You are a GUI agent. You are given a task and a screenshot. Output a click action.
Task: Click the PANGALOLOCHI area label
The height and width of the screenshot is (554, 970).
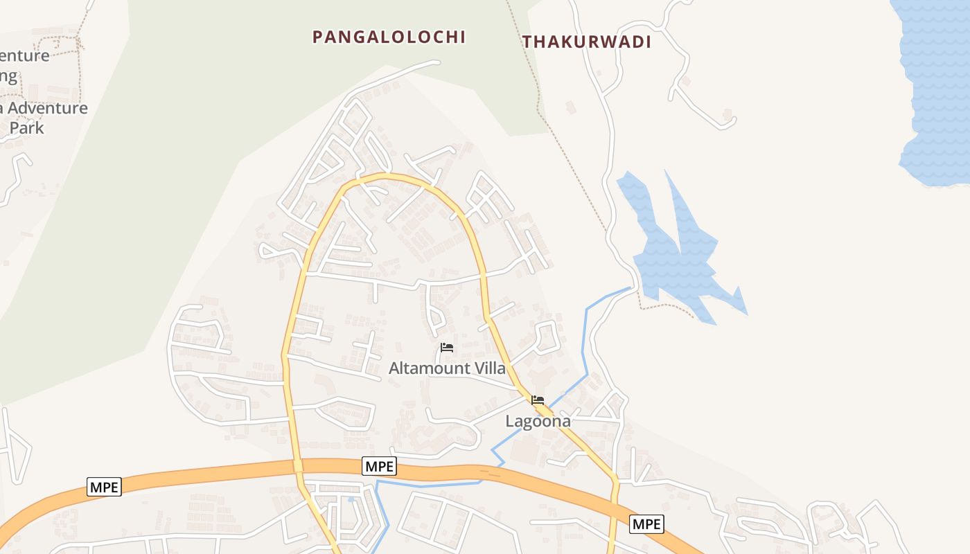[389, 37]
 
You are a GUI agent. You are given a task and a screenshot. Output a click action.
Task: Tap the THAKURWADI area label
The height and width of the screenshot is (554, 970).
[587, 42]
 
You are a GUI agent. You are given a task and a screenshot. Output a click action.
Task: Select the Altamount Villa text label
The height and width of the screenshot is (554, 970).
[447, 368]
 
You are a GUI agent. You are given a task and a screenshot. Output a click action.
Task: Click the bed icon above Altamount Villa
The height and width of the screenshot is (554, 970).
[447, 348]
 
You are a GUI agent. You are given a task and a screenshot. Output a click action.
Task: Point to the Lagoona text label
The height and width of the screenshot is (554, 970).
[538, 420]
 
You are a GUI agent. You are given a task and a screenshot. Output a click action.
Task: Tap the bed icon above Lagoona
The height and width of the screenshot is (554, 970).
[538, 400]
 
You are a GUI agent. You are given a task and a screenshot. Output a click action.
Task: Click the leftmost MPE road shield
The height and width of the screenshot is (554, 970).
[105, 487]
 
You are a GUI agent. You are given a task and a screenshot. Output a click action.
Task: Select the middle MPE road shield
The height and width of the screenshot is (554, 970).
[379, 467]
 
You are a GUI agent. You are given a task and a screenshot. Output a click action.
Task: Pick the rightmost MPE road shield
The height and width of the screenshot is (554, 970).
[646, 524]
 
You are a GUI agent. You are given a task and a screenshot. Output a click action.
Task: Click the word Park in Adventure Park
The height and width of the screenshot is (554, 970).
[26, 127]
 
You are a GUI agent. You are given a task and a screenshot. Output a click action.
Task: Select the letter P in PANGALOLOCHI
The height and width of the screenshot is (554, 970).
[317, 37]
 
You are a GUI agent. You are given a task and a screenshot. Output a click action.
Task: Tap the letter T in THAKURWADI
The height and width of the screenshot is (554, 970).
[527, 42]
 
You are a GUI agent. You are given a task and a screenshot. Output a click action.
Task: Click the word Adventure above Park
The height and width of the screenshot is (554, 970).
[48, 108]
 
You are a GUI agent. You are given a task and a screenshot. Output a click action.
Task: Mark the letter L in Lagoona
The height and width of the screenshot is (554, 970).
[509, 420]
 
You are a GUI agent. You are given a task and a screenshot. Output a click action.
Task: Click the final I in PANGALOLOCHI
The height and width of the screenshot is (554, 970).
[462, 37]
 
